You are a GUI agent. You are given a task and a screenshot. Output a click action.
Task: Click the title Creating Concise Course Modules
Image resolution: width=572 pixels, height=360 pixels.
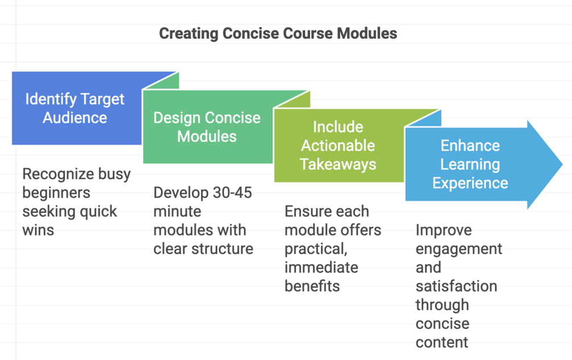click(x=278, y=34)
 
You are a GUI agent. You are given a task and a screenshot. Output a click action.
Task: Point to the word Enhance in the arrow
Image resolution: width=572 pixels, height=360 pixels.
click(x=470, y=146)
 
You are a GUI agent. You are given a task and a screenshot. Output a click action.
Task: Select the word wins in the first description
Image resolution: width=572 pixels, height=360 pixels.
click(x=38, y=230)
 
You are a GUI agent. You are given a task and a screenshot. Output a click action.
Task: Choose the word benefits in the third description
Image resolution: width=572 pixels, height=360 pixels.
click(x=312, y=285)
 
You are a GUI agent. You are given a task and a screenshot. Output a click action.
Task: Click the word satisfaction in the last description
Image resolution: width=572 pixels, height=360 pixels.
click(x=456, y=285)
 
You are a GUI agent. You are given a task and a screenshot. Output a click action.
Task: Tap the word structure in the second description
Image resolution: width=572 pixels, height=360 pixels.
click(x=224, y=248)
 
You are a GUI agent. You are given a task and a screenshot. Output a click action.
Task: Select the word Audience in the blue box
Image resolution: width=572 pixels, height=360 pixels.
click(x=75, y=118)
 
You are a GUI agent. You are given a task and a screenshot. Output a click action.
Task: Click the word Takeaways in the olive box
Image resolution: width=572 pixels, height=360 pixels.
click(x=338, y=164)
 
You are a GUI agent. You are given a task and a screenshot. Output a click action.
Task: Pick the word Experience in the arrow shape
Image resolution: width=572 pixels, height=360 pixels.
click(x=470, y=183)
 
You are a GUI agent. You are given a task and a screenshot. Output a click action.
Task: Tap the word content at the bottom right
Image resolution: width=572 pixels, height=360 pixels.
click(x=442, y=342)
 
